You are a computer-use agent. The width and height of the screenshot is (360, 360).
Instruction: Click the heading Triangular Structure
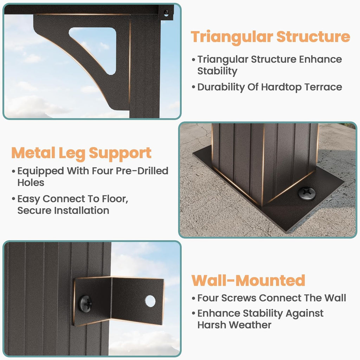[270, 37]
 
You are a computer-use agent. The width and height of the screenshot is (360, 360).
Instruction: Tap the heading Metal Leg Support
[81, 153]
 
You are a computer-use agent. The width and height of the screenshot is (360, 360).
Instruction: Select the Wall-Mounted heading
[248, 280]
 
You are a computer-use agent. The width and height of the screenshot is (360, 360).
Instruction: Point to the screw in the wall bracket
[85, 304]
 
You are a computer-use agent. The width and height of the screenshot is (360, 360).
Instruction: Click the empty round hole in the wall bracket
[150, 301]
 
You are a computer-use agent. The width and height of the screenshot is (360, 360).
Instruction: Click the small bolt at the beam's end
[166, 13]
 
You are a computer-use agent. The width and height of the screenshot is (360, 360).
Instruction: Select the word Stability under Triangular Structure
[217, 71]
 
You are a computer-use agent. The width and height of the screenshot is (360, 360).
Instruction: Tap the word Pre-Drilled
[142, 171]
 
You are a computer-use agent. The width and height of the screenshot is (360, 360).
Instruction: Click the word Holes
[31, 183]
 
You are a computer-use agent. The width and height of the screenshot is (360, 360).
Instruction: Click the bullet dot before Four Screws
[193, 298]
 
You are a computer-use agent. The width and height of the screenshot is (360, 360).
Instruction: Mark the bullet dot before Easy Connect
[13, 199]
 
